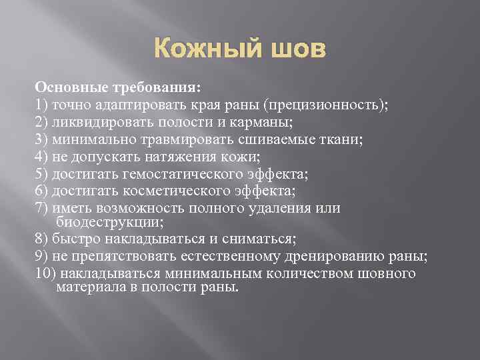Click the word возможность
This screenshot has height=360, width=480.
(x=142, y=209)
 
